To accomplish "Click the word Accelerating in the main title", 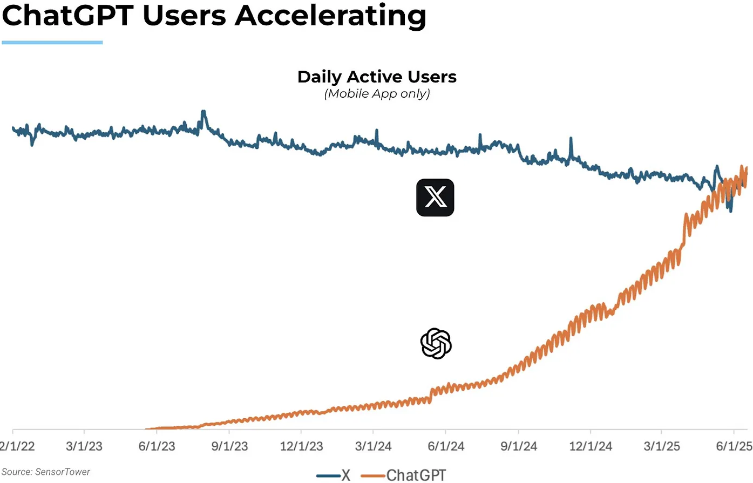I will click(330, 16).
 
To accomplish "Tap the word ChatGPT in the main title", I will click(67, 15).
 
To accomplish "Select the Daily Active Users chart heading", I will click(377, 77).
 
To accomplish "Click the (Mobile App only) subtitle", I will click(377, 94).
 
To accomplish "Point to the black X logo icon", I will click(435, 198).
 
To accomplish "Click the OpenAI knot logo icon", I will click(436, 344).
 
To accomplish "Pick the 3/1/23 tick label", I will click(84, 446).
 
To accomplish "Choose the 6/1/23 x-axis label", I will click(157, 446).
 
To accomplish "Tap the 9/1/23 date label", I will click(229, 446).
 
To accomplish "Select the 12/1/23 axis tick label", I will click(301, 446).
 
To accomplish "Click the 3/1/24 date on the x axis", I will click(373, 446).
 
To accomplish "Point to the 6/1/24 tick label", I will click(446, 446).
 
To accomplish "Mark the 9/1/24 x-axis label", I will click(518, 446).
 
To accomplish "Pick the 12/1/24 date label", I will click(591, 446).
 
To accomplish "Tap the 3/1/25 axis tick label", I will click(662, 446).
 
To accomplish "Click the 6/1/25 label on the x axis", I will click(734, 446).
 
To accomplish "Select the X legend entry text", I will click(346, 475).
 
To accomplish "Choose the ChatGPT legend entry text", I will click(416, 475).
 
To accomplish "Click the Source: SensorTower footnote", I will click(46, 472).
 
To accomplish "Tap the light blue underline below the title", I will click(52, 42).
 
